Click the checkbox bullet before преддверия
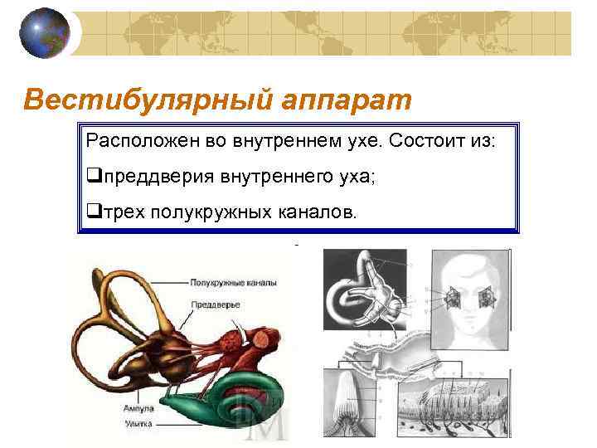tap(92, 176)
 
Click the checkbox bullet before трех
tap(92, 212)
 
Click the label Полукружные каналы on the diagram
tap(233, 283)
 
